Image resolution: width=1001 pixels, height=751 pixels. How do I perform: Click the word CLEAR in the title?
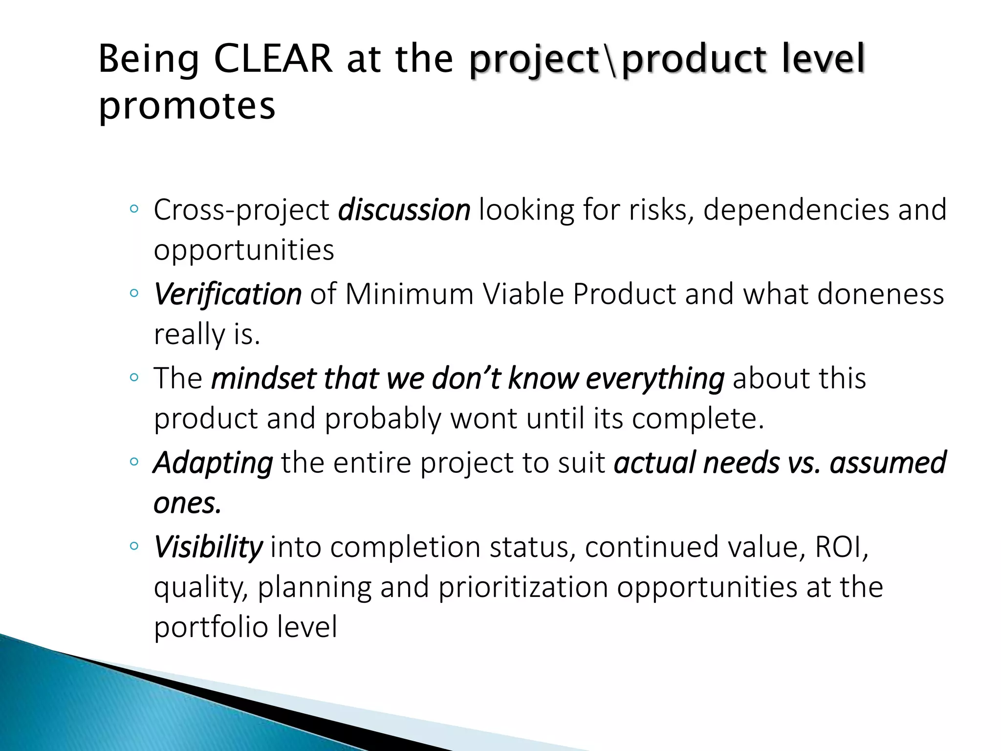click(273, 59)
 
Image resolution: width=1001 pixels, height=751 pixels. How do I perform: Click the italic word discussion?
click(404, 210)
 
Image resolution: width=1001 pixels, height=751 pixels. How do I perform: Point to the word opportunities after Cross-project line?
click(244, 250)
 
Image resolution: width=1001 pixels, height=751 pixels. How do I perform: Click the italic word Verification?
click(227, 294)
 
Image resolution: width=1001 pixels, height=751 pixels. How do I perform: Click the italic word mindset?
click(263, 378)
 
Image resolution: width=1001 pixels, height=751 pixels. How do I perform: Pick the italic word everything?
click(654, 378)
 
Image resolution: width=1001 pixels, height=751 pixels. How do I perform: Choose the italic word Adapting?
click(213, 463)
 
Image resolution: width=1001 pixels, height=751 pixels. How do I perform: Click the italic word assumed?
click(888, 463)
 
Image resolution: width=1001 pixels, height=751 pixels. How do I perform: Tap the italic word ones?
click(187, 503)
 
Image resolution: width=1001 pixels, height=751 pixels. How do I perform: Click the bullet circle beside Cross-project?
click(134, 209)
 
